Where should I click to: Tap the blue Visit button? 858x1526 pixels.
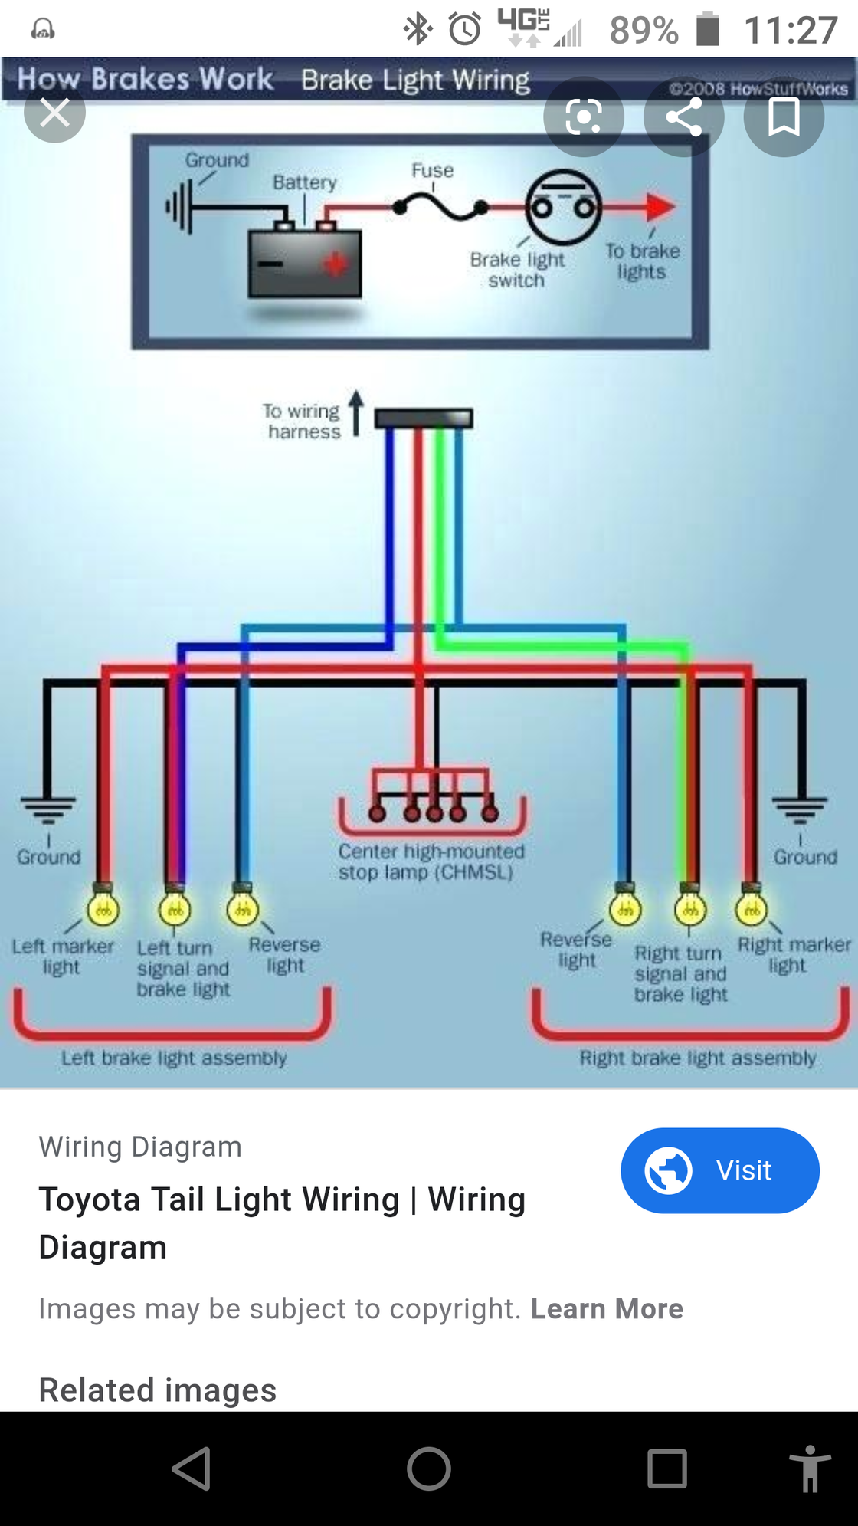coord(719,1170)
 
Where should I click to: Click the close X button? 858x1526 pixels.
coord(54,113)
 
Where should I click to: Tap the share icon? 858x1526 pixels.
coord(683,117)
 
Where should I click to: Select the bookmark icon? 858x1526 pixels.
coord(783,117)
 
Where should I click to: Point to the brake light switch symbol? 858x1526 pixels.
coord(563,206)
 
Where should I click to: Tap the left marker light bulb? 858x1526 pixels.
coord(103,910)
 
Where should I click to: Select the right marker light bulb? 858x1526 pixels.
coord(752,910)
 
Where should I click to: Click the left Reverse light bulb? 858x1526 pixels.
coord(243,910)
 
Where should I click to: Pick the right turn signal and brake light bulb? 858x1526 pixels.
coord(690,910)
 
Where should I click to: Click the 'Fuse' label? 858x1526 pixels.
coord(432,170)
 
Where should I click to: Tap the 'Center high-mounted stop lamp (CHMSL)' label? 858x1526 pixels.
coord(431,861)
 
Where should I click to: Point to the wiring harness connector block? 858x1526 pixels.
coord(424,418)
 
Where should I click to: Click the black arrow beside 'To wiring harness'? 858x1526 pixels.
coord(356,412)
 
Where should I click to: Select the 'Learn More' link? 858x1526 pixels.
coord(607,1308)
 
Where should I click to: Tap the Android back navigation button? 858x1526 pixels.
coord(192,1469)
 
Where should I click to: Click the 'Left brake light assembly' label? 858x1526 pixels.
coord(174,1058)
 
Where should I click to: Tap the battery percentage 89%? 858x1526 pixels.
coord(643,31)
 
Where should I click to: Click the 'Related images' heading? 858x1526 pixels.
coord(158,1390)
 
